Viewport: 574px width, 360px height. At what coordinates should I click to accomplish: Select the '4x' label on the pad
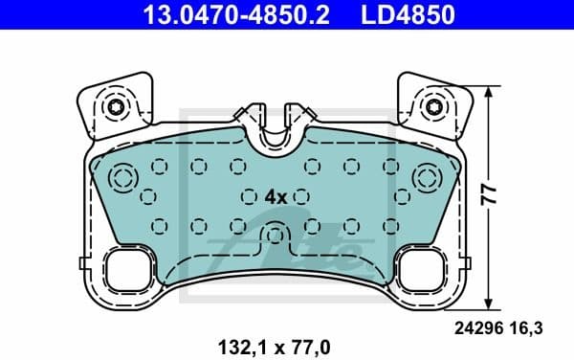tap(276, 195)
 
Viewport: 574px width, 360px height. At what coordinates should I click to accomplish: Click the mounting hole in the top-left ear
tap(116, 106)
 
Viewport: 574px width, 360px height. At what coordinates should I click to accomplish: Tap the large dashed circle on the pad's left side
tap(124, 178)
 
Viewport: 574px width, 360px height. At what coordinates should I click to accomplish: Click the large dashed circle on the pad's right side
tap(425, 178)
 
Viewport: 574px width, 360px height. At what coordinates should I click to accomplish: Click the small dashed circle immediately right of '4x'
tap(301, 195)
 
